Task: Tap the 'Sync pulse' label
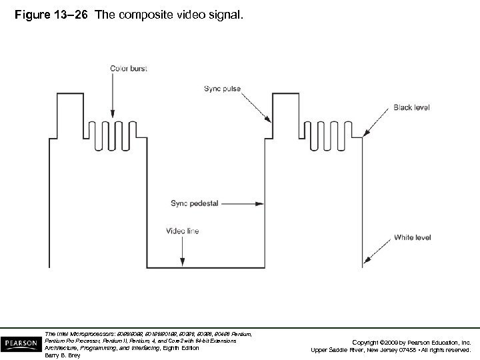(222, 88)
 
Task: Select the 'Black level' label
(411, 107)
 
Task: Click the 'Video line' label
(181, 231)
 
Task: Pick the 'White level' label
(412, 237)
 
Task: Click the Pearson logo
(21, 343)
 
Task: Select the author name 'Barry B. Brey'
(62, 355)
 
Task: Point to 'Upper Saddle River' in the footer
(344, 349)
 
